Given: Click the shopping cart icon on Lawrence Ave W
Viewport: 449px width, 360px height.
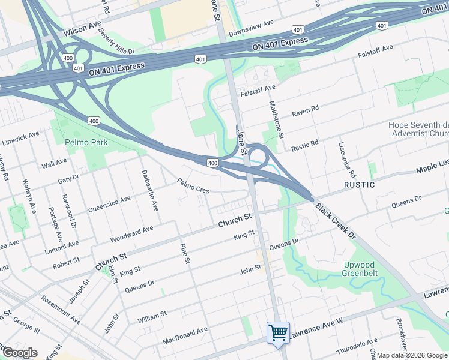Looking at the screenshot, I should click(x=278, y=332).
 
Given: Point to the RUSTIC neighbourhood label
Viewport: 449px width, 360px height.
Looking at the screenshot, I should click(x=360, y=185).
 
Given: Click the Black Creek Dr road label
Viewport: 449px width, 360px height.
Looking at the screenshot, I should click(x=336, y=221).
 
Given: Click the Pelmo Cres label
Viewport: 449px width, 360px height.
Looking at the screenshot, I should click(x=193, y=185).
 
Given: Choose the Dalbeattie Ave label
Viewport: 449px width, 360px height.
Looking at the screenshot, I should click(x=150, y=189).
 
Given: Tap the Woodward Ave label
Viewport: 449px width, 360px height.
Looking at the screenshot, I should click(x=131, y=235).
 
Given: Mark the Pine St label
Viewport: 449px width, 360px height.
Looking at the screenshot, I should click(x=185, y=254).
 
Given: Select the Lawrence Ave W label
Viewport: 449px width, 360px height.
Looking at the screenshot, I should click(x=316, y=331).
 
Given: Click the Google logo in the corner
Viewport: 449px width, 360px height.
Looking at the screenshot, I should click(x=19, y=353).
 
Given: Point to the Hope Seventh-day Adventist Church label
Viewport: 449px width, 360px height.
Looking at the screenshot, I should click(x=418, y=130).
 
